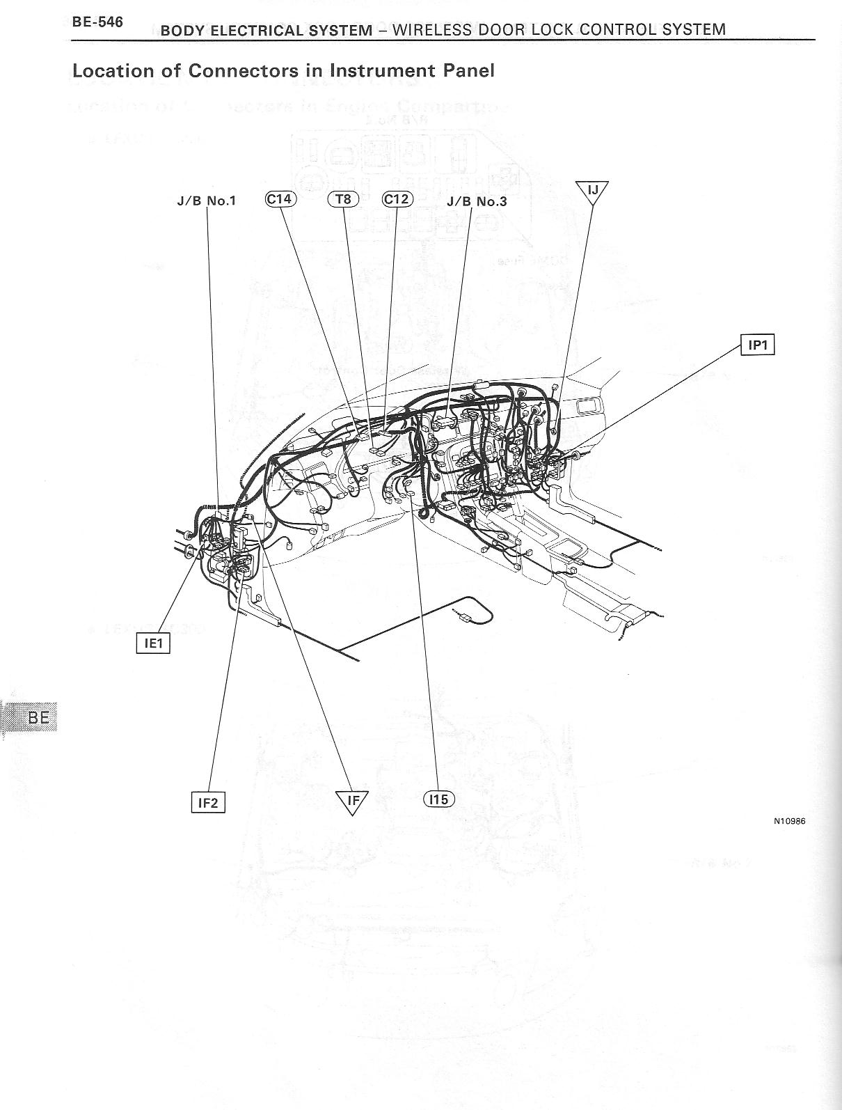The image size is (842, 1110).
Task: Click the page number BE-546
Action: tap(97, 22)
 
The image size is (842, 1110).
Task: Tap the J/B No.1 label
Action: tap(207, 201)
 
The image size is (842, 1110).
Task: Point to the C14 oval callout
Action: tap(280, 199)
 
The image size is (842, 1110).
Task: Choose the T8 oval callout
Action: tap(342, 199)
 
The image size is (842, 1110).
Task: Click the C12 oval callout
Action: tap(398, 199)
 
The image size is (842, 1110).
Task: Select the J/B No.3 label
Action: tap(477, 202)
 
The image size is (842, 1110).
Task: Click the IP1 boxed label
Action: tap(758, 345)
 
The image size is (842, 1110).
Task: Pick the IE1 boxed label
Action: tap(152, 643)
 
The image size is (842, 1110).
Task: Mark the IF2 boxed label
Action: tap(208, 803)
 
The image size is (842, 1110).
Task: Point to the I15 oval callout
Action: tap(438, 799)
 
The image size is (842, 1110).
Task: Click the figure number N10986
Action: tap(789, 821)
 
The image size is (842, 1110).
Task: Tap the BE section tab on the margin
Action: tap(38, 717)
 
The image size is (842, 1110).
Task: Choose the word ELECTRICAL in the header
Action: tap(252, 31)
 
